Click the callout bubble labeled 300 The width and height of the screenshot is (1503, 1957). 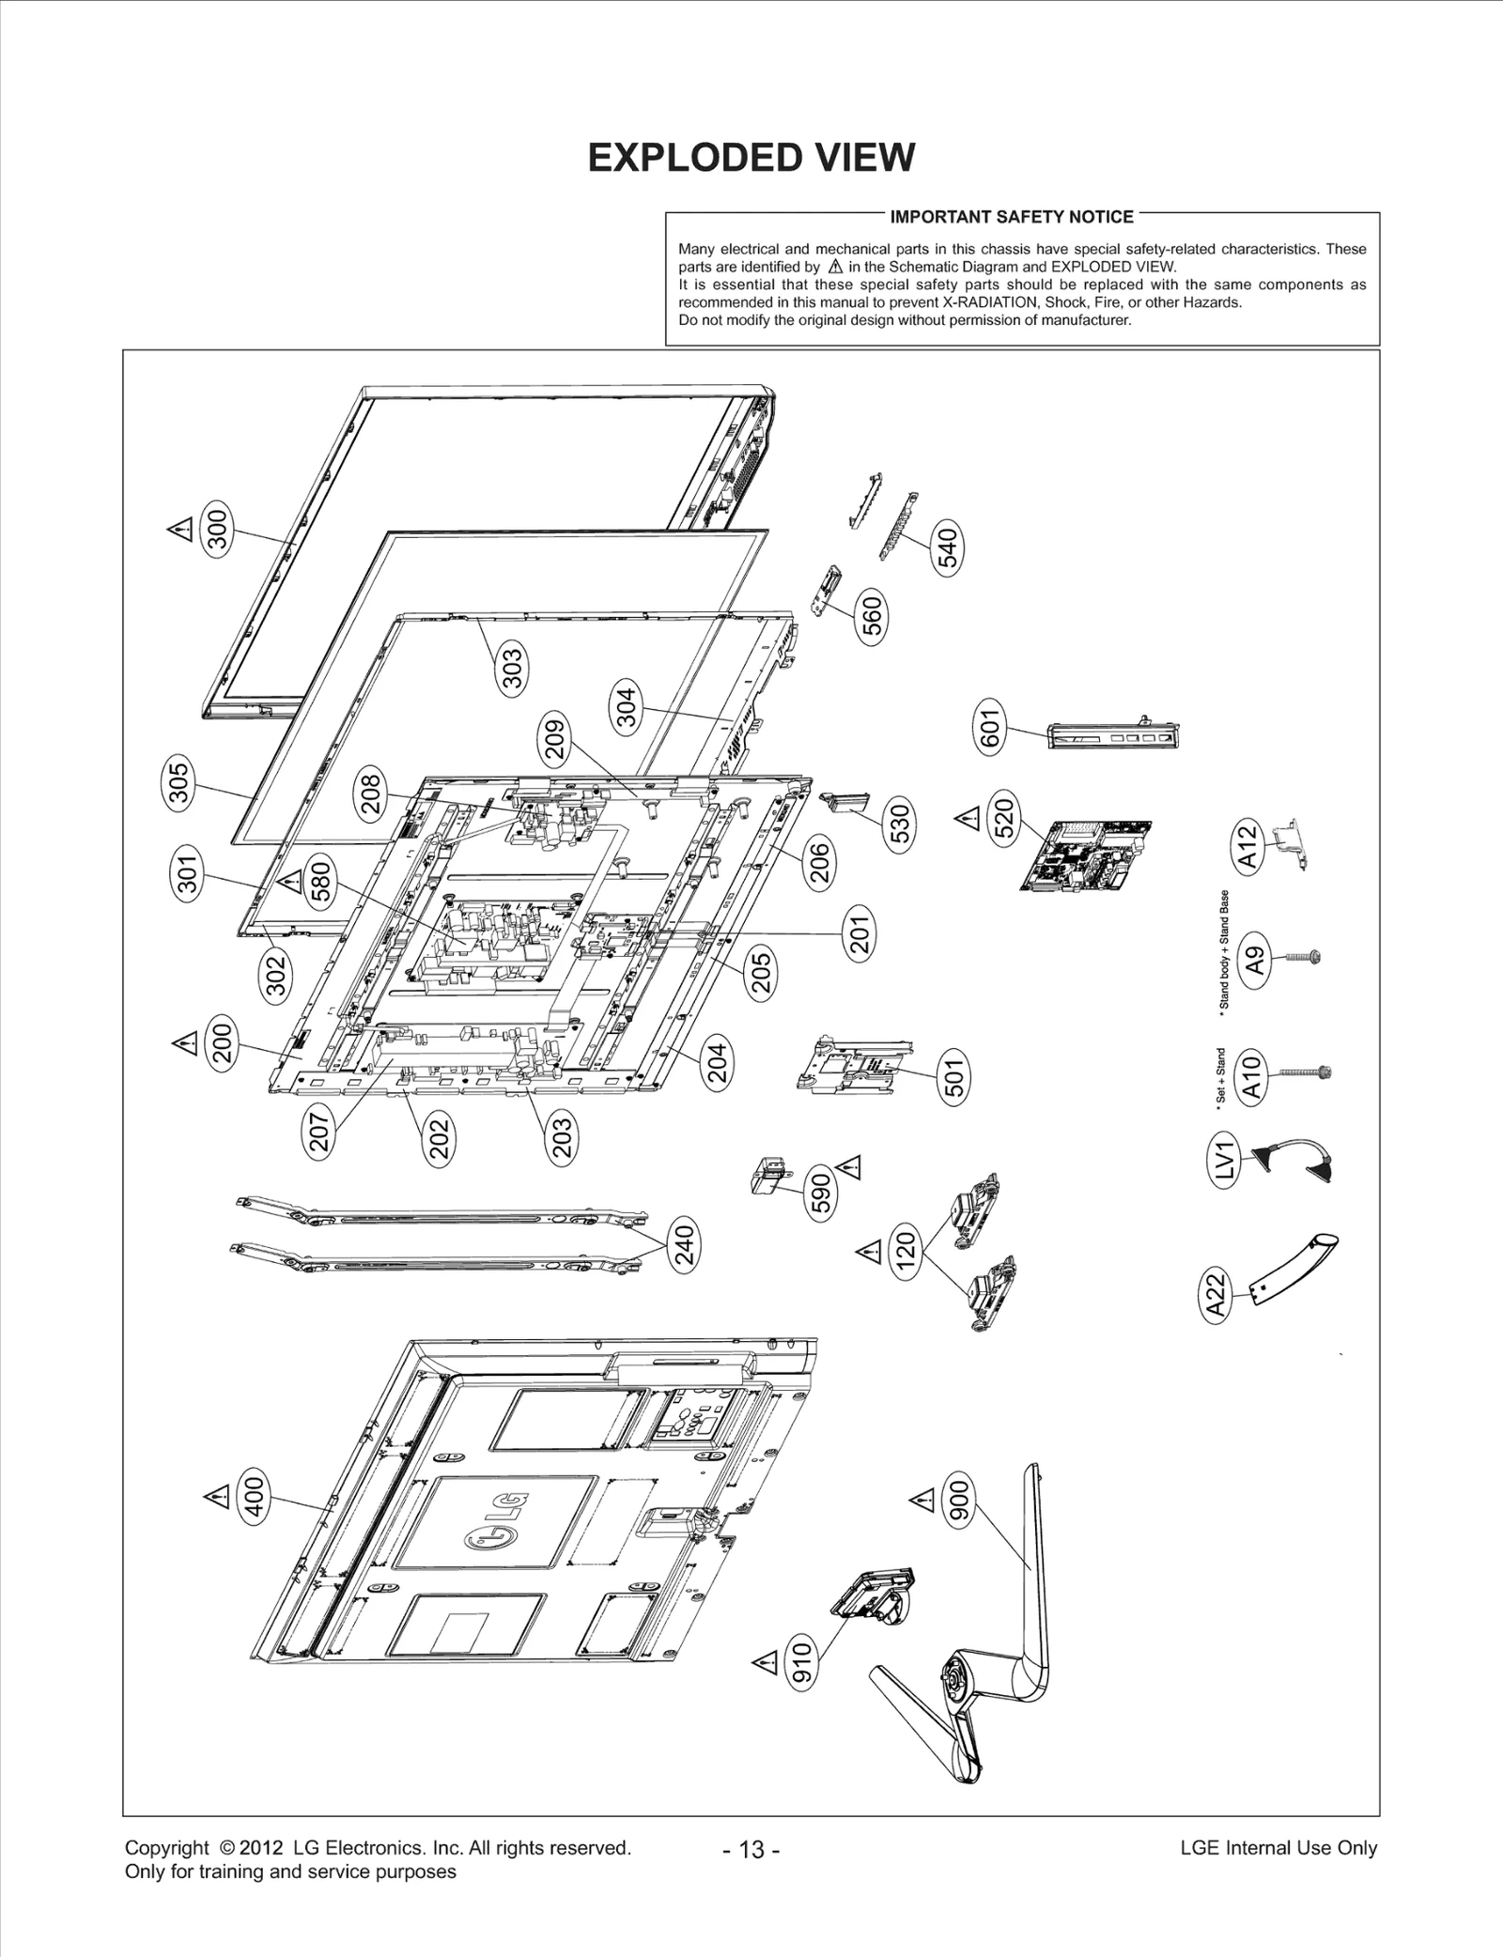pyautogui.click(x=217, y=530)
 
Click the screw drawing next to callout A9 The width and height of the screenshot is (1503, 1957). pyautogui.click(x=1300, y=957)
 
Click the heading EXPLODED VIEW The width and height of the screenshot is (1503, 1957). pyautogui.click(x=751, y=158)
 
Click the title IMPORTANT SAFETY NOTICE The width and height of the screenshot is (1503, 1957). pyautogui.click(x=1011, y=217)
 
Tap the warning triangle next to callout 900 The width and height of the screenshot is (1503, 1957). pyautogui.click(x=924, y=1502)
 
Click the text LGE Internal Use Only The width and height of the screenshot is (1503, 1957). pyautogui.click(x=1278, y=1848)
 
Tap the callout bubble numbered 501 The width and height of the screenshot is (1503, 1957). pyautogui.click(x=954, y=1077)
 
